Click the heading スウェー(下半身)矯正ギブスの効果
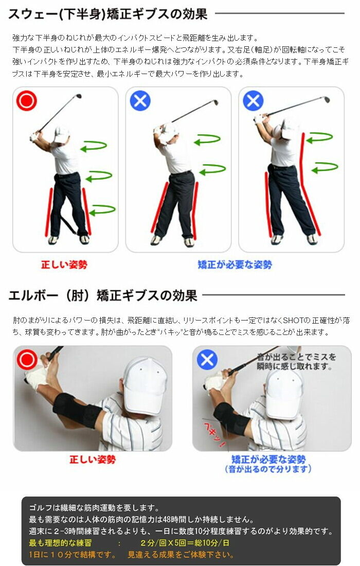(107, 14)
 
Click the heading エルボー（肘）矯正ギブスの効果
(103, 295)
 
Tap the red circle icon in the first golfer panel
(26, 101)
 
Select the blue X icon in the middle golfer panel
(140, 101)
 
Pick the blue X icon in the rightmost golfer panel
(253, 101)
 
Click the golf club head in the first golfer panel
(78, 96)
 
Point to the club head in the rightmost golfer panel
(327, 99)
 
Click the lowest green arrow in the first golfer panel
(102, 210)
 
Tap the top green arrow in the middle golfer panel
(207, 139)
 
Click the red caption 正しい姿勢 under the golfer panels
(64, 264)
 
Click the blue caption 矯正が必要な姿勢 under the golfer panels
(235, 264)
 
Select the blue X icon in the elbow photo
(207, 360)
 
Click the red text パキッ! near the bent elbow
(214, 435)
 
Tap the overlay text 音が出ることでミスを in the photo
(296, 357)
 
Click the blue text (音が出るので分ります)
(268, 469)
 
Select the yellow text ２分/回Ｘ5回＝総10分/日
(185, 543)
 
